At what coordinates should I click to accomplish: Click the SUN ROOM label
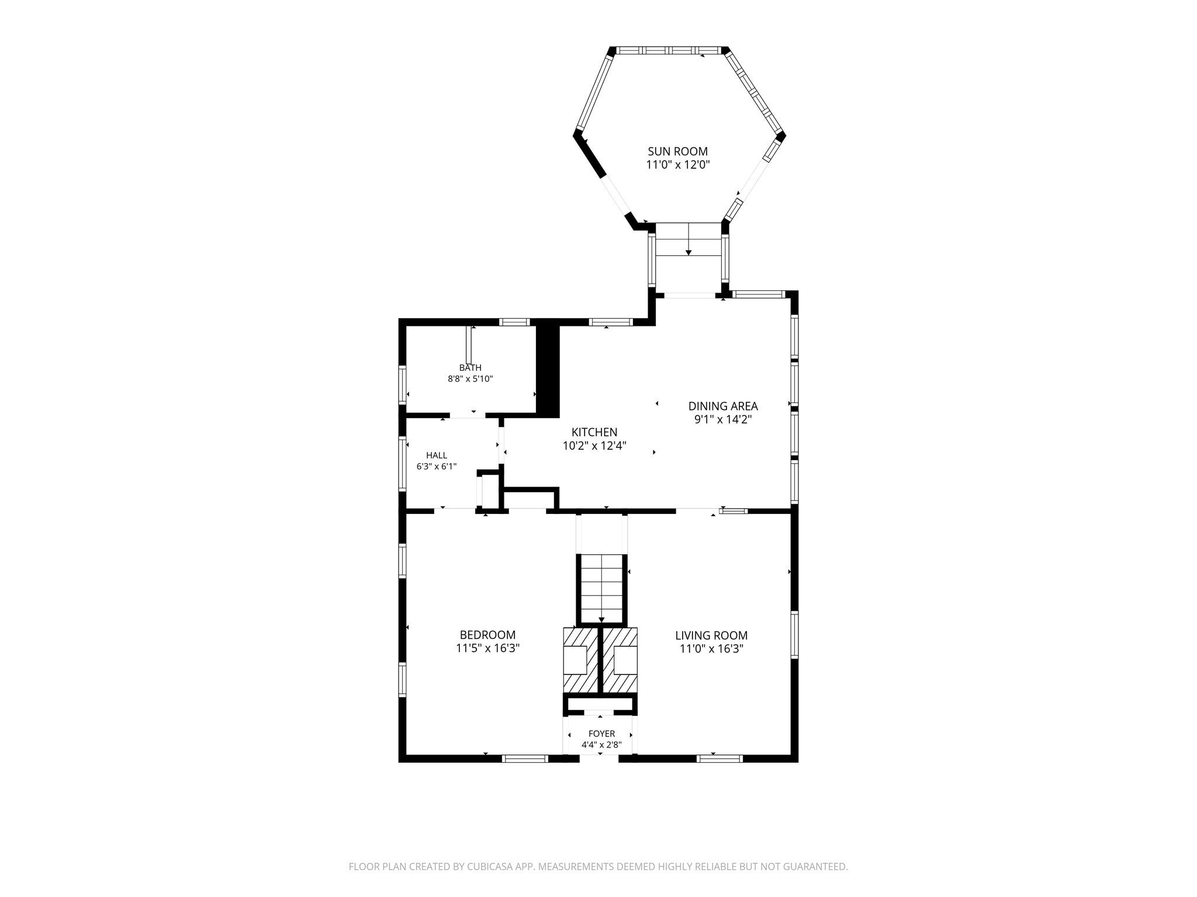pos(677,151)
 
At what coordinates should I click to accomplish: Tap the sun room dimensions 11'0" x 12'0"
pos(677,165)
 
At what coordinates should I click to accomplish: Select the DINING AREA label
pos(723,406)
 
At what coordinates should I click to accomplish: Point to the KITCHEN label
pos(594,432)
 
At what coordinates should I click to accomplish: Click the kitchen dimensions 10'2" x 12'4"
pos(594,446)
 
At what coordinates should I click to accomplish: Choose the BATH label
pos(471,368)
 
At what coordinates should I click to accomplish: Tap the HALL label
pos(437,456)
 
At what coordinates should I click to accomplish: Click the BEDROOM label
pos(487,635)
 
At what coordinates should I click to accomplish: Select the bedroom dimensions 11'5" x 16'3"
pos(487,648)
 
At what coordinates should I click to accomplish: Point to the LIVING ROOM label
pos(711,635)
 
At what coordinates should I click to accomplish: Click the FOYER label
pos(601,734)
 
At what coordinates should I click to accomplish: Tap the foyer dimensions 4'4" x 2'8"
pos(601,745)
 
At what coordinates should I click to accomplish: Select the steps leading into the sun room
pos(689,239)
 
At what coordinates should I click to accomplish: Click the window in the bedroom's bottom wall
pos(525,759)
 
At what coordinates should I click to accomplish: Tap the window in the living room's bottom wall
pos(719,759)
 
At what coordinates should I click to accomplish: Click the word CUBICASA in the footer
pos(492,867)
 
